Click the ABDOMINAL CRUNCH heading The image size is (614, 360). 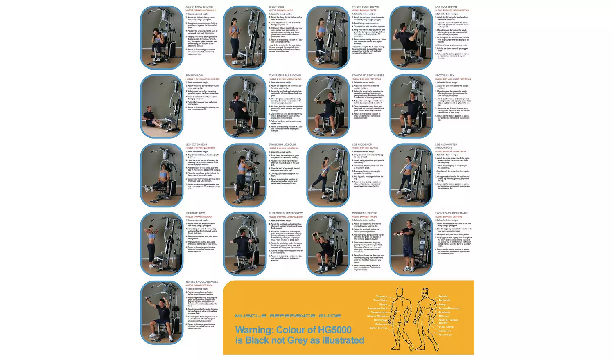tap(200, 7)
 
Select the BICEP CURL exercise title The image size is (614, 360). tap(276, 7)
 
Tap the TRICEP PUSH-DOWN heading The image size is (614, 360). tap(365, 7)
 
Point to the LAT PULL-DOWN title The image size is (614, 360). tap(446, 7)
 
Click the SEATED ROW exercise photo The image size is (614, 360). tap(162, 106)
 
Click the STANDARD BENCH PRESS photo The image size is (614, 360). tap(328, 106)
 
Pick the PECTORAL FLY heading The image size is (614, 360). tap(445, 76)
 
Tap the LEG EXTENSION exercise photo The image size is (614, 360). tap(162, 175)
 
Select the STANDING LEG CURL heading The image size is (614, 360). tap(282, 144)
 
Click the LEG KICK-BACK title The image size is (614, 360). tap(362, 144)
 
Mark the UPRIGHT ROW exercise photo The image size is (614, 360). tap(162, 244)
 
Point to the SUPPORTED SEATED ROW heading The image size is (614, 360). tap(286, 213)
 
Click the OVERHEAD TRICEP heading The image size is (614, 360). tap(364, 213)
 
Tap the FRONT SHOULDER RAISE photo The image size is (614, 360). tap(411, 244)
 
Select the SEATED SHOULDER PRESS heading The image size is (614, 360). tap(202, 282)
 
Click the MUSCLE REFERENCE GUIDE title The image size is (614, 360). tap(287, 316)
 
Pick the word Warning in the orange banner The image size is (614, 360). tap(254, 330)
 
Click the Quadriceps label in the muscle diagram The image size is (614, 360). tap(445, 335)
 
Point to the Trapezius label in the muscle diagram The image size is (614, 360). tap(381, 297)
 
